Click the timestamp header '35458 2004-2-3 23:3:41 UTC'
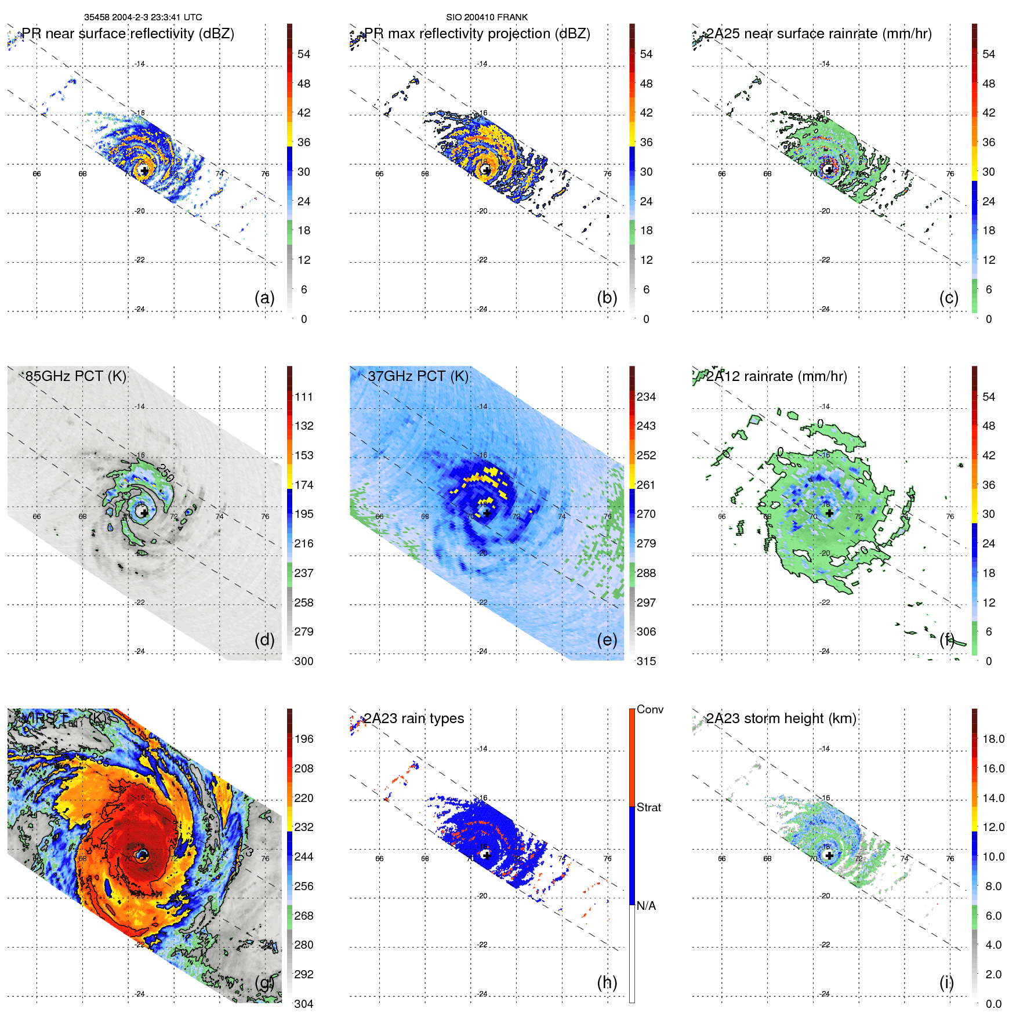[143, 17]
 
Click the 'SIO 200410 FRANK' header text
[487, 17]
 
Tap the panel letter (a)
[264, 298]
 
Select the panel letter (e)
[607, 640]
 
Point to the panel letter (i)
[946, 982]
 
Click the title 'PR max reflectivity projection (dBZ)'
[477, 34]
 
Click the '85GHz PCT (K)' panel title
[75, 376]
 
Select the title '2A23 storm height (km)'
[781, 718]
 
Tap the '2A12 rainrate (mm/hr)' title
[776, 376]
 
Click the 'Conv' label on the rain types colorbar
[650, 709]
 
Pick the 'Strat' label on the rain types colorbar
[649, 807]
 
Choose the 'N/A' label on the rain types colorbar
[647, 906]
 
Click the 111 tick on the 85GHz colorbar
[304, 397]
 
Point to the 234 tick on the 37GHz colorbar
[646, 397]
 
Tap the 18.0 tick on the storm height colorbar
[993, 739]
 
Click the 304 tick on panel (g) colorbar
[304, 1004]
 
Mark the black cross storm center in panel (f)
[829, 513]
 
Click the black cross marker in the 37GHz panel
[487, 513]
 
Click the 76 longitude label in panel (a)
[265, 174]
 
